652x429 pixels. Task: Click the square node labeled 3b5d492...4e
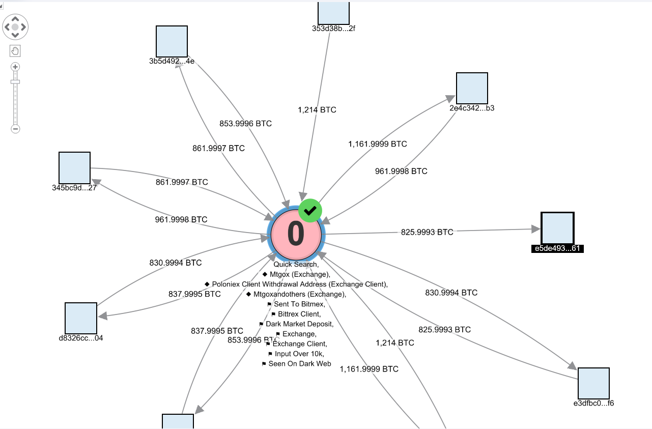172,41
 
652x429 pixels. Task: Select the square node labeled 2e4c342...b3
472,88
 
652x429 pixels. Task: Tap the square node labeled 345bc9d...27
74,167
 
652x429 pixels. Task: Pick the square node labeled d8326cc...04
81,318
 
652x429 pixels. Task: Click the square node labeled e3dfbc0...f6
593,383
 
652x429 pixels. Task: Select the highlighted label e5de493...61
557,248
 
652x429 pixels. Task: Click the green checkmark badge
310,210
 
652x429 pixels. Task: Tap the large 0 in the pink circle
296,234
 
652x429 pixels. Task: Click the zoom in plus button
15,67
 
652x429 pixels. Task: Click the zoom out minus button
15,129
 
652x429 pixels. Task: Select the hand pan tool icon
15,51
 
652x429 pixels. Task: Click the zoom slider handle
15,82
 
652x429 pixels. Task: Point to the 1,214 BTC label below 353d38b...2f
317,110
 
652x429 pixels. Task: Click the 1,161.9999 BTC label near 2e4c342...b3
378,144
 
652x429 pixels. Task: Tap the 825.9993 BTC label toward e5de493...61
427,232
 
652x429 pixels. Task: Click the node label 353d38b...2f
333,28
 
